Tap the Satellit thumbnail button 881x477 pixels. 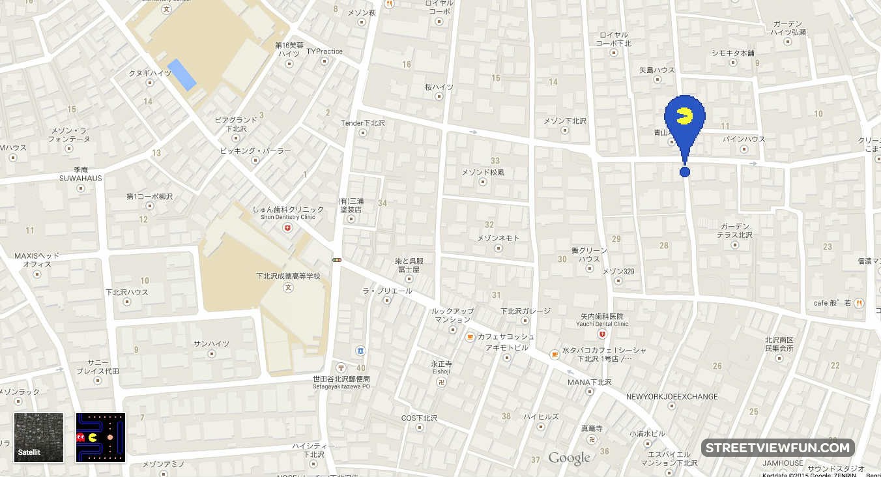pyautogui.click(x=39, y=437)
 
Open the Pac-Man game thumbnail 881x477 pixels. pyautogui.click(x=100, y=437)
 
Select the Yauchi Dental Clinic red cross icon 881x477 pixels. pyautogui.click(x=602, y=334)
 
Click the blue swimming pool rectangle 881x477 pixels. pyautogui.click(x=182, y=74)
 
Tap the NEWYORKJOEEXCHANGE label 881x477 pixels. pyautogui.click(x=672, y=396)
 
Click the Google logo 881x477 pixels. pyautogui.click(x=569, y=458)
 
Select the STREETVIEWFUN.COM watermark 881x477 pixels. pyautogui.click(x=777, y=448)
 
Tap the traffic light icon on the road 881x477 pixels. pyautogui.click(x=337, y=260)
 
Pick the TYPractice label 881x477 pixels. pyautogui.click(x=324, y=51)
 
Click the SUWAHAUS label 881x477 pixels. pyautogui.click(x=81, y=178)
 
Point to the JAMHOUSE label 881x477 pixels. pyautogui.click(x=783, y=463)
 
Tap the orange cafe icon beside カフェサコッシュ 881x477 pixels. pyautogui.click(x=469, y=337)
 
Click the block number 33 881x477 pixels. pyautogui.click(x=495, y=160)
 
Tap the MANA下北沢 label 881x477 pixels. pyautogui.click(x=590, y=382)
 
